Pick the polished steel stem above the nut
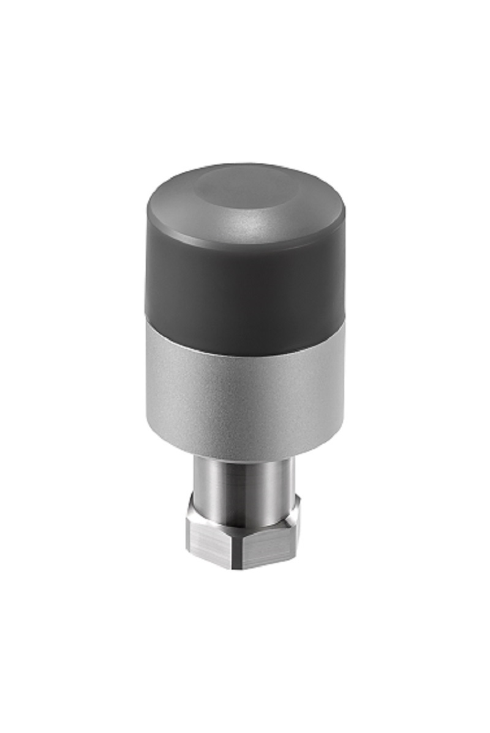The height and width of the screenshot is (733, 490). [245, 483]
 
